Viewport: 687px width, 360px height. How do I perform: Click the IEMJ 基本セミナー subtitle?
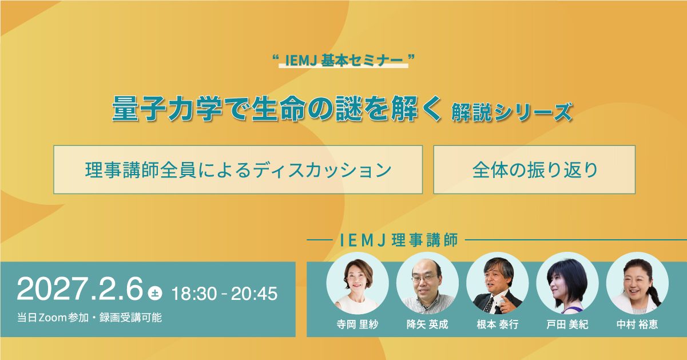click(x=344, y=60)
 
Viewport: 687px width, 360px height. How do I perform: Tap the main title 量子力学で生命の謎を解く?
click(x=277, y=109)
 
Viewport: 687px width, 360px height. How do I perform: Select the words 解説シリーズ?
click(x=512, y=112)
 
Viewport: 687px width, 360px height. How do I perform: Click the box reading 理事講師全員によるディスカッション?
click(x=238, y=170)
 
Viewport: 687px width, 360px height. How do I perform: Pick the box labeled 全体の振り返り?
click(x=534, y=170)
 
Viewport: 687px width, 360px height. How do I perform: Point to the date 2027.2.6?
click(x=80, y=288)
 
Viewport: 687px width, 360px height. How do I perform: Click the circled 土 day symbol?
click(x=155, y=293)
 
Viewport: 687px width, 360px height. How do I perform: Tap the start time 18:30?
click(x=194, y=294)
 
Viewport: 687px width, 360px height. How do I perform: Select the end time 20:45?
click(x=254, y=294)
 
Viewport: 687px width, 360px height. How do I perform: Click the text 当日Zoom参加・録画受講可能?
click(x=89, y=318)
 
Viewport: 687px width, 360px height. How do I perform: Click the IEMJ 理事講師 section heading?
click(x=399, y=240)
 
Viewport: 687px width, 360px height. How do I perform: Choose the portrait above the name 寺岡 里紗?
click(x=358, y=283)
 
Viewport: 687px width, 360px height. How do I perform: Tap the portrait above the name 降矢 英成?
click(x=427, y=283)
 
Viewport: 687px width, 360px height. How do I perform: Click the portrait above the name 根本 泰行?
click(x=498, y=283)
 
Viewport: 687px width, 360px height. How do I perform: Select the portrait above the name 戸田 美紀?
click(x=567, y=283)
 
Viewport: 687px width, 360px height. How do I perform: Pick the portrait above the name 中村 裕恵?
click(x=637, y=283)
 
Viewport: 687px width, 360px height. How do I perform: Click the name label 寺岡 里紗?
click(x=358, y=325)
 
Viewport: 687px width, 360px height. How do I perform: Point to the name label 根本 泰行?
click(x=498, y=325)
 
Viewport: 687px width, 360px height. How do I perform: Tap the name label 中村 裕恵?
click(x=637, y=325)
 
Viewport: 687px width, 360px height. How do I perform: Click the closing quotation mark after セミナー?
click(x=412, y=57)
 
